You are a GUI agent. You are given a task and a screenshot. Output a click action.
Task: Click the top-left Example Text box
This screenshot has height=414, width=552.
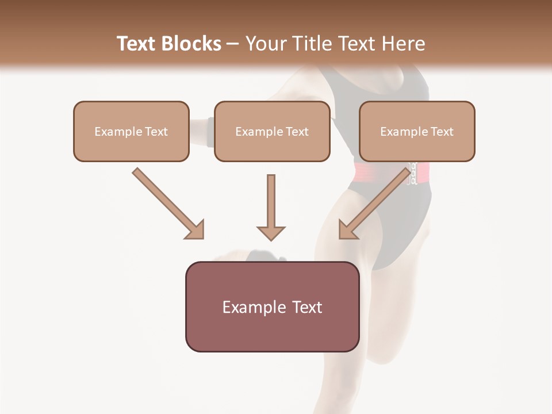coord(131,132)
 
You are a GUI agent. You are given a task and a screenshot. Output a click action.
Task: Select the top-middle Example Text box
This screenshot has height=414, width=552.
coord(272,132)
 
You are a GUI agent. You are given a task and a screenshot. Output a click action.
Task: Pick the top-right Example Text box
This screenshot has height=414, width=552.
coord(417,132)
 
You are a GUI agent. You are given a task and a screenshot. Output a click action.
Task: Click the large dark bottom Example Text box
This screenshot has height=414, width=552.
coord(272,307)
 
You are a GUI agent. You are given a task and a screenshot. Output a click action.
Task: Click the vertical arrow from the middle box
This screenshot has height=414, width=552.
coord(271,201)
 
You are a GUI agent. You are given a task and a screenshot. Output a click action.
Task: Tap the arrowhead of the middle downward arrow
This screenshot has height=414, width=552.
coord(271,232)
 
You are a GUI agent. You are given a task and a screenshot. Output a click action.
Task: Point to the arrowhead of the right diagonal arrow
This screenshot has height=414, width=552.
coord(347,229)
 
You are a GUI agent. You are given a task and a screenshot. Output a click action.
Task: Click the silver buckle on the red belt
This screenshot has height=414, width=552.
coord(411,173)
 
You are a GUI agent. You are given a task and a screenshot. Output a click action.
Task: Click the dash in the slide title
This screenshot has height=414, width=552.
coord(233,44)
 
